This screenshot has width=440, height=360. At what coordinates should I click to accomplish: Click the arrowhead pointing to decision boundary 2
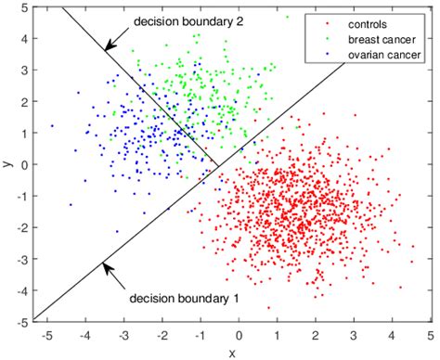(108, 45)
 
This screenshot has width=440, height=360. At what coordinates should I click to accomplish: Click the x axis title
(232, 352)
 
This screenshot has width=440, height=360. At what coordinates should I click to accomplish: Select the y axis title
(7, 164)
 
